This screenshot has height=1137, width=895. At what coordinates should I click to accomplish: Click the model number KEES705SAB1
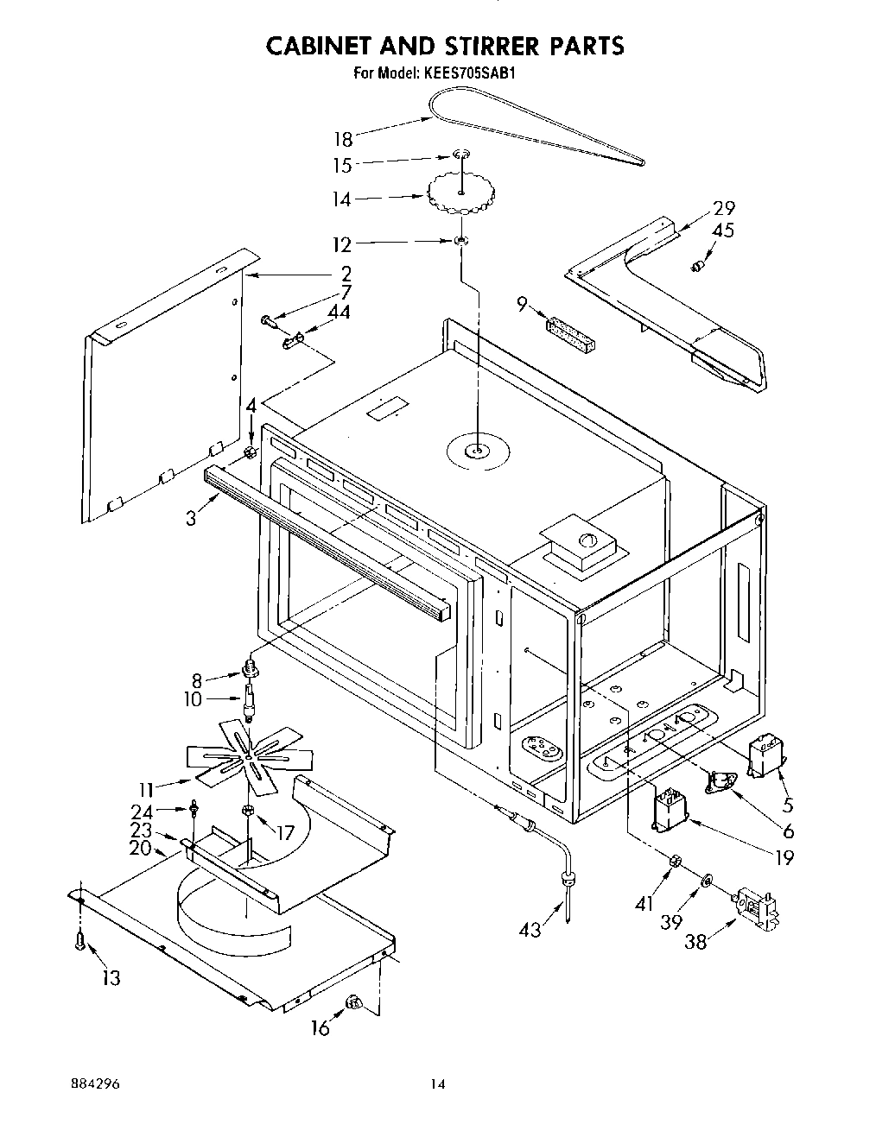pos(470,73)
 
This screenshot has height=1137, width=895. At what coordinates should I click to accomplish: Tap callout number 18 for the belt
pos(344,138)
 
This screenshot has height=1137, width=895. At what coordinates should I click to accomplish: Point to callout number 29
pos(724,208)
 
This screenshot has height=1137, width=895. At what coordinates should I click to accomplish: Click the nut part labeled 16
pos(352,1002)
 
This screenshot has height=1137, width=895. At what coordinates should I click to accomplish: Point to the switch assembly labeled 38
pos(757,909)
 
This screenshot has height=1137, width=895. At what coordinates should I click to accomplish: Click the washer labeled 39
pos(707,881)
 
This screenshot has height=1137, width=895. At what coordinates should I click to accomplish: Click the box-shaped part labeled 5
pos(764,755)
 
